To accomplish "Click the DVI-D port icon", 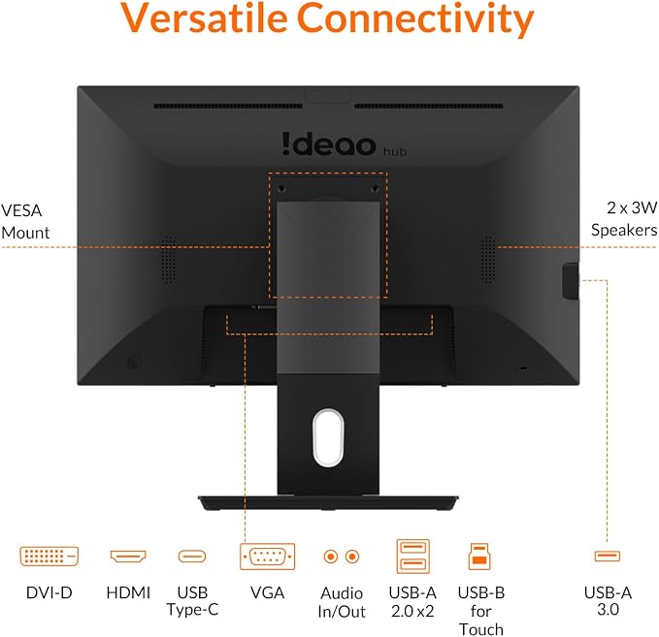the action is [49, 557].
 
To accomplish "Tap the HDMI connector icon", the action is [128, 557].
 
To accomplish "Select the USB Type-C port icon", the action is [192, 557].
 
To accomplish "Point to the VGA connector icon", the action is [267, 557].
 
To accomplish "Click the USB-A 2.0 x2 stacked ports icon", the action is [413, 557].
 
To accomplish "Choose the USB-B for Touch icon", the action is [479, 557].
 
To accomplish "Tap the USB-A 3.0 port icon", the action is [608, 556].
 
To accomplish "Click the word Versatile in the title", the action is [204, 17].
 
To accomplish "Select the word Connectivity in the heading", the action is [415, 19].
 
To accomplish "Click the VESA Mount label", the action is [25, 221].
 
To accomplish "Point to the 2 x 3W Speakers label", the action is [624, 219].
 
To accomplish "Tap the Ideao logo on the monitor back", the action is [329, 144].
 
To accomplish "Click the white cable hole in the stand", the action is [328, 437].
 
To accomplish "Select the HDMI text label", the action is [128, 593].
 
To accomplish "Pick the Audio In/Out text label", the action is [342, 602].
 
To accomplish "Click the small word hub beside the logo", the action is [395, 151].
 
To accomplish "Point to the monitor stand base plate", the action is [328, 502].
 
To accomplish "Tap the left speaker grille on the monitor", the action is [169, 260].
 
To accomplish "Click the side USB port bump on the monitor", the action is [571, 280].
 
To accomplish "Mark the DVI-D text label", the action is [49, 593].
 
